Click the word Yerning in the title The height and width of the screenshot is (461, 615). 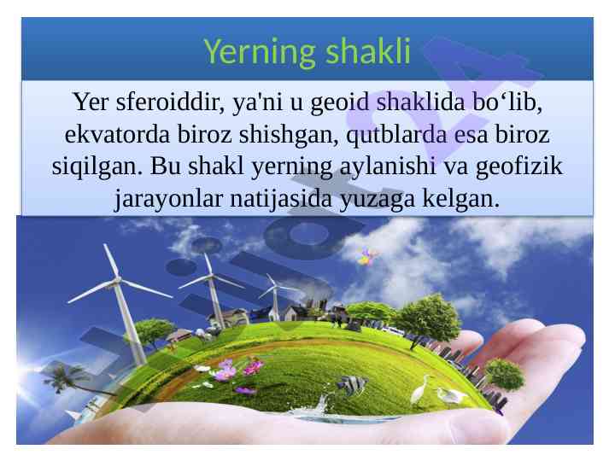pos(260,53)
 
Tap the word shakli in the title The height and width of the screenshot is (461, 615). pos(368,51)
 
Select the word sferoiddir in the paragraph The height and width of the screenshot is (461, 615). pos(170,102)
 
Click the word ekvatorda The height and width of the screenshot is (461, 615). pos(117,134)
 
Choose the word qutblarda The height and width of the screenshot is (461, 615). pos(396,135)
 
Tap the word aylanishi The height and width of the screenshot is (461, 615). pos(388,167)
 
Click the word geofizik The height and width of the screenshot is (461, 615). pos(519,167)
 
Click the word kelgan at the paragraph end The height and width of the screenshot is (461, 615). pos(461,198)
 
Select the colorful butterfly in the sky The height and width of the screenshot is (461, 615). pos(367,256)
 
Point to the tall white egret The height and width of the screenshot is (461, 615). pos(419,389)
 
